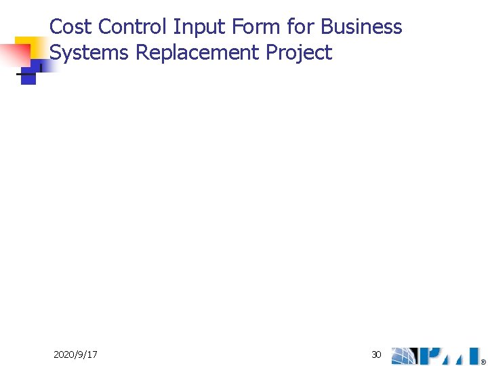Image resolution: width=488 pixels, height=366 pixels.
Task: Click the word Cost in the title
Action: coord(71,27)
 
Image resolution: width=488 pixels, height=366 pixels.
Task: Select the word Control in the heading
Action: coord(133,27)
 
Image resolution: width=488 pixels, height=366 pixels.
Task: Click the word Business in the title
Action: coord(361,27)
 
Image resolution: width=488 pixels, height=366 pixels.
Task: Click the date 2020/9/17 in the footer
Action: coord(75,354)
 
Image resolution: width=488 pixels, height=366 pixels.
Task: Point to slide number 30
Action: coord(376,354)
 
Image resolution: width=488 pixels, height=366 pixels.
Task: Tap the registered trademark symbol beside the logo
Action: coord(483,361)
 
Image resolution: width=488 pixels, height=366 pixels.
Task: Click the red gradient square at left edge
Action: coord(14,54)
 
